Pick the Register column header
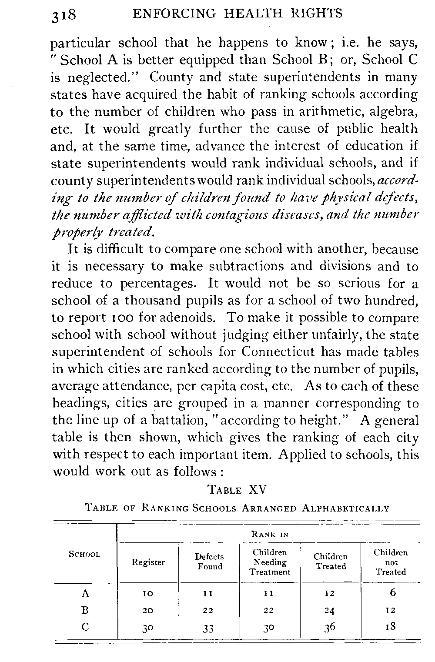click(x=148, y=562)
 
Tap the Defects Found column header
click(x=209, y=562)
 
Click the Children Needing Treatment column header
click(x=270, y=562)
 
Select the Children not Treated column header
click(x=391, y=562)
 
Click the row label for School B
click(x=85, y=610)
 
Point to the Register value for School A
click(x=148, y=593)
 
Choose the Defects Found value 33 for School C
click(x=208, y=629)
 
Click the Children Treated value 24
click(x=330, y=611)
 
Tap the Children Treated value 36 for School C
click(x=330, y=628)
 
